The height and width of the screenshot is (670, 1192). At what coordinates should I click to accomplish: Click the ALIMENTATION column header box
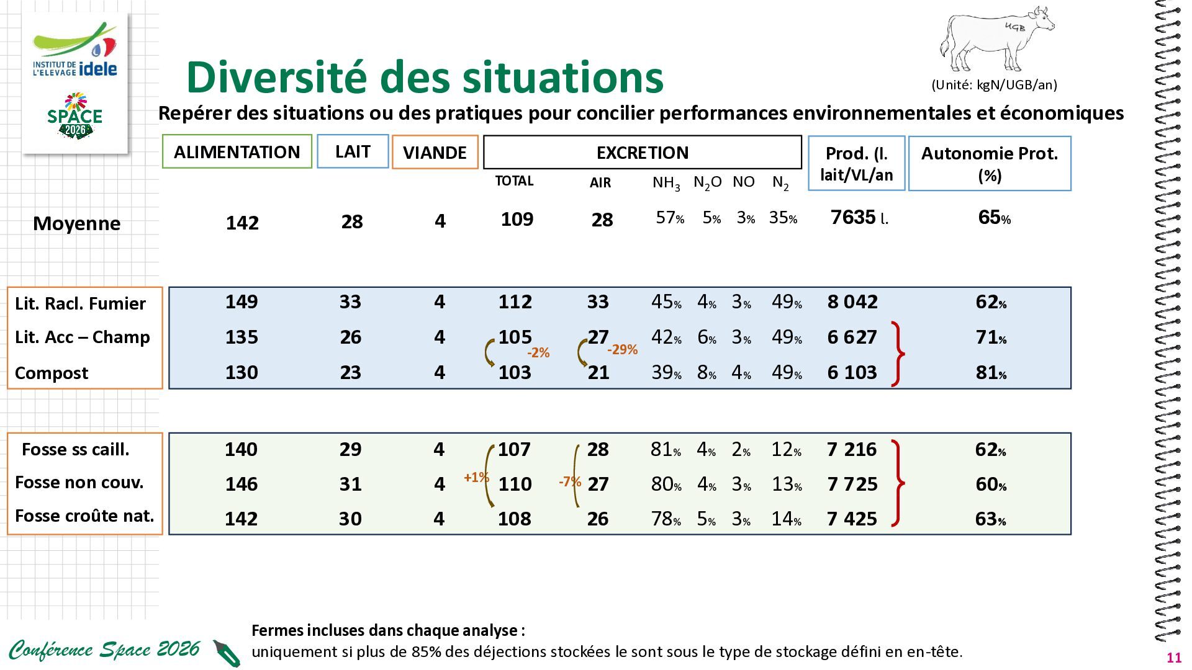(x=237, y=151)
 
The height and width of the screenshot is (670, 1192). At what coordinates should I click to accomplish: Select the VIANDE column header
(x=435, y=152)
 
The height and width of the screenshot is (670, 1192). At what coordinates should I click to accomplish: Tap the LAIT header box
(x=353, y=151)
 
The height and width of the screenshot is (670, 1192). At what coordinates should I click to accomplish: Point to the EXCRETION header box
(x=643, y=152)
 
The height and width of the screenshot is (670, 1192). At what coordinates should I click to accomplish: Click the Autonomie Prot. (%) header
(x=990, y=163)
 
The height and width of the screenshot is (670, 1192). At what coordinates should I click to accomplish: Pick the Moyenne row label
(x=76, y=223)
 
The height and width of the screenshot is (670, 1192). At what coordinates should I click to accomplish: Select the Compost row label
(x=52, y=373)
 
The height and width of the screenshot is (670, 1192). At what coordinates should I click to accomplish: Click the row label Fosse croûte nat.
(x=84, y=516)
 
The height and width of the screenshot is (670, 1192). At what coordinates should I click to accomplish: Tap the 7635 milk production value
(x=859, y=217)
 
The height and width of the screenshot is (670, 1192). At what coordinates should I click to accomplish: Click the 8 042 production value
(x=852, y=301)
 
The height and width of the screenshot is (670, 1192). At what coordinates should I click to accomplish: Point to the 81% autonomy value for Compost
(x=991, y=372)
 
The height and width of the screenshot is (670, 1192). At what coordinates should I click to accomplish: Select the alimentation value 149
(x=242, y=301)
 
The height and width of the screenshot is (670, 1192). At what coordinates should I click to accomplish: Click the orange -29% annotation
(x=622, y=349)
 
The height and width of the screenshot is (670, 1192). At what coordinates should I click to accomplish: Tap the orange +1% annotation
(x=476, y=477)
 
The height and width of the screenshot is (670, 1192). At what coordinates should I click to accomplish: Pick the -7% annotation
(x=569, y=481)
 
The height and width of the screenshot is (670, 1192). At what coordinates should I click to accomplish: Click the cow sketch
(x=997, y=40)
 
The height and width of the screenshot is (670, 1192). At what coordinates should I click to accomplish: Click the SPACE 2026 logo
(x=74, y=116)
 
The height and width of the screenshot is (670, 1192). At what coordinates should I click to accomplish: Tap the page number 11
(x=1174, y=658)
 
